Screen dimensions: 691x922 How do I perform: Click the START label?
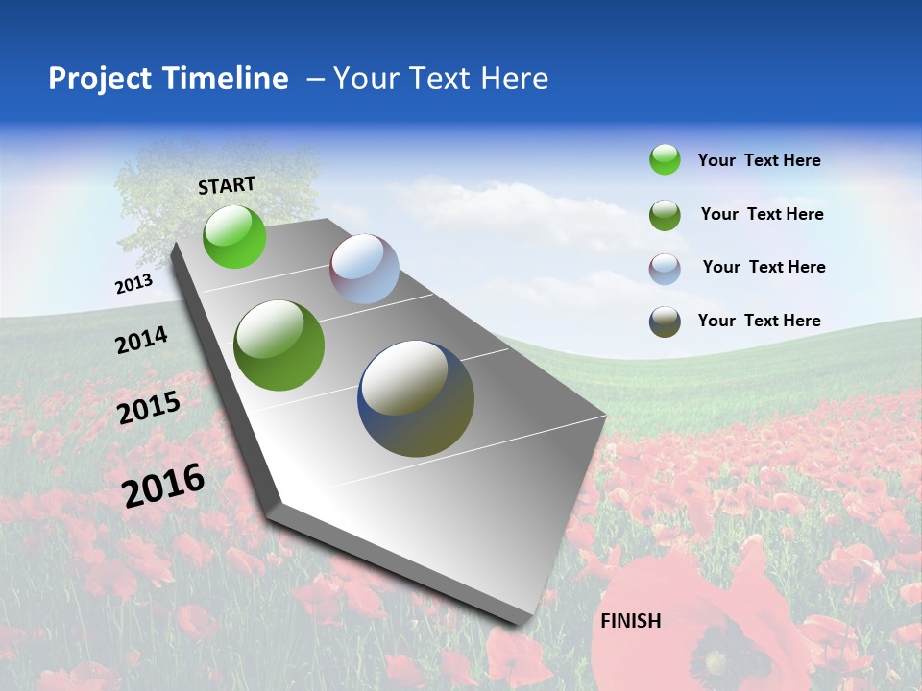click(x=227, y=185)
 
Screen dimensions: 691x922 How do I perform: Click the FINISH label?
click(x=630, y=621)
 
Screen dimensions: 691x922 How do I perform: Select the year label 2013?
click(x=133, y=284)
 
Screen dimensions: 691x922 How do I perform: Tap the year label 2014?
click(x=141, y=340)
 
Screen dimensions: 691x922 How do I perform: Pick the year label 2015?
click(x=149, y=408)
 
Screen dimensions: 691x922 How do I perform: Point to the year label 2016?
click(x=163, y=485)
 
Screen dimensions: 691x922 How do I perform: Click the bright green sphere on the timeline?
click(x=234, y=237)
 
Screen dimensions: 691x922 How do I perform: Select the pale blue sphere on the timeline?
click(x=364, y=269)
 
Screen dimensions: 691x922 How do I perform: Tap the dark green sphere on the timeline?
click(x=279, y=345)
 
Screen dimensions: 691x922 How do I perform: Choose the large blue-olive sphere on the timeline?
click(x=416, y=398)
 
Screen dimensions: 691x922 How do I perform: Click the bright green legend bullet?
click(x=665, y=160)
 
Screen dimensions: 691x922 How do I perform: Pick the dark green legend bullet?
click(x=665, y=215)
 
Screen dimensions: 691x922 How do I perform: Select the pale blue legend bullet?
click(x=665, y=268)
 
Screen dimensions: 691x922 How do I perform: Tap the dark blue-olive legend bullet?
click(x=665, y=322)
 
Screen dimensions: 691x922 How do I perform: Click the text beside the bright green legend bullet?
click(x=759, y=161)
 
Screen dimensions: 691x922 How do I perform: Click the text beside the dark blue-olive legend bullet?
click(x=759, y=321)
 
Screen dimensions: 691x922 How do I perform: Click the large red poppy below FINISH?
click(x=701, y=633)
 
